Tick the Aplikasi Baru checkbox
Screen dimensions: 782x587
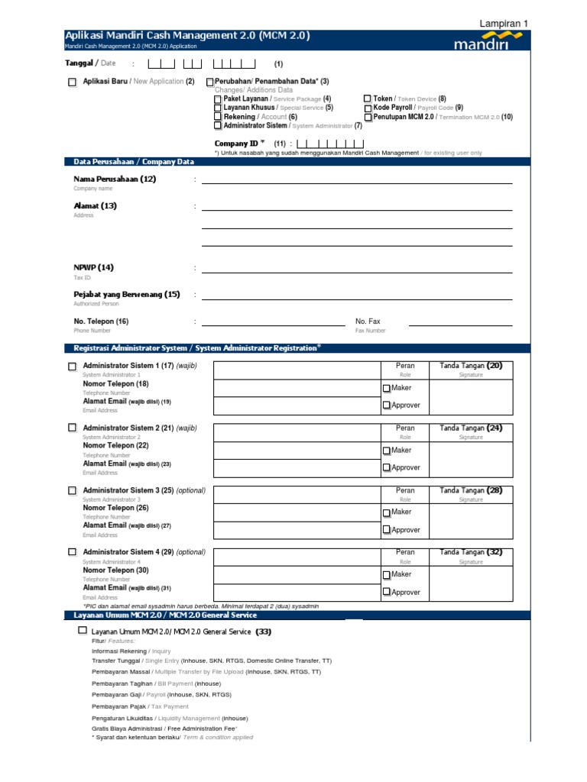click(x=73, y=82)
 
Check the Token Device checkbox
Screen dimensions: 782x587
click(x=368, y=99)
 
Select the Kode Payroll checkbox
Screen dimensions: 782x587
click(x=368, y=108)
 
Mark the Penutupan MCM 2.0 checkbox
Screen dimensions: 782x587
click(x=368, y=118)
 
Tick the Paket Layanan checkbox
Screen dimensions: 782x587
click(x=218, y=99)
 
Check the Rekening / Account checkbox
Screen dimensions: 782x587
click(x=218, y=118)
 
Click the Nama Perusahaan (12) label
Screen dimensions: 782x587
click(x=115, y=179)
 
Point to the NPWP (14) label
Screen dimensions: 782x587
click(x=93, y=267)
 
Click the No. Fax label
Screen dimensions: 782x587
click(x=368, y=322)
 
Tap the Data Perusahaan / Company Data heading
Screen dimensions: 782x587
click(x=134, y=162)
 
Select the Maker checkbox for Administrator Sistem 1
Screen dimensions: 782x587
click(x=387, y=389)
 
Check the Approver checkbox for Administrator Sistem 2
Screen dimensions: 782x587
click(x=387, y=467)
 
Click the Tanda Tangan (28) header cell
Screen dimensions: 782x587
click(x=471, y=490)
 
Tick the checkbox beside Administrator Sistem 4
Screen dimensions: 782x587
click(x=73, y=552)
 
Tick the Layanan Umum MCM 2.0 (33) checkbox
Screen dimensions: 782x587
click(x=83, y=632)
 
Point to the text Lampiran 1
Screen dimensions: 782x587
click(x=503, y=24)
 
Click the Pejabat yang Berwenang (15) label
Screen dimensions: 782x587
click(x=127, y=295)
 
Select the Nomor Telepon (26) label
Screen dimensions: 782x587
click(x=115, y=508)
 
